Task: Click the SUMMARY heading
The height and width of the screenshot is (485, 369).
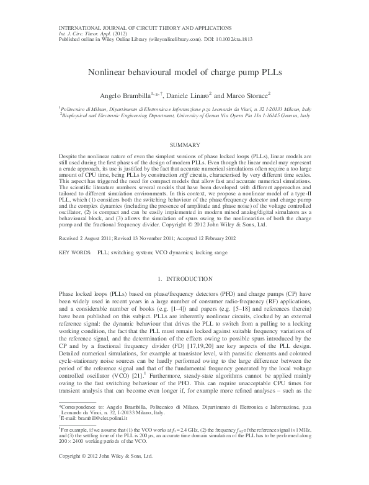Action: pyautogui.click(x=184, y=144)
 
